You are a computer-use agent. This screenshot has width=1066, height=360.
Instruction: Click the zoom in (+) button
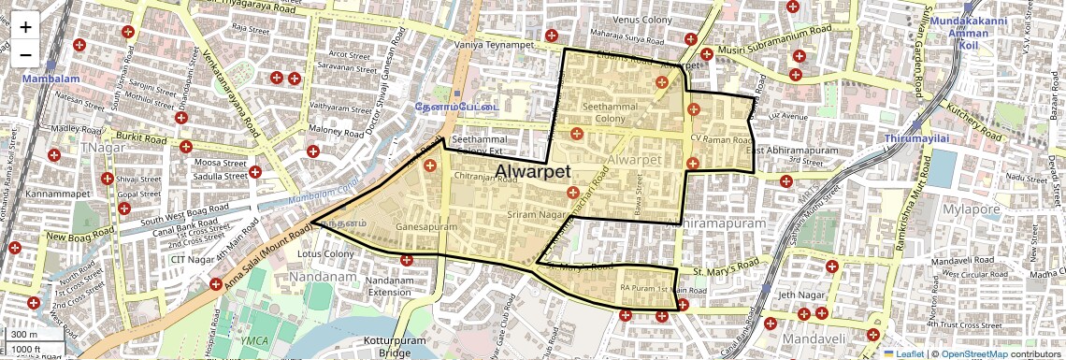click(25, 26)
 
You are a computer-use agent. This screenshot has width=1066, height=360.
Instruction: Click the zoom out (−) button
click(25, 54)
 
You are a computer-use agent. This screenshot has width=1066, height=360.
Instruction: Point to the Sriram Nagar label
click(530, 215)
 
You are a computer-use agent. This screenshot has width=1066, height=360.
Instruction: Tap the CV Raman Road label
click(720, 138)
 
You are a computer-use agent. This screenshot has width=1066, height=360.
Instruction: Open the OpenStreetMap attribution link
click(973, 353)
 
